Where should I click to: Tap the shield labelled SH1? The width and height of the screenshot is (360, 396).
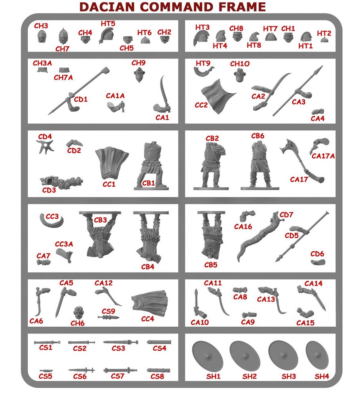coord(207,356)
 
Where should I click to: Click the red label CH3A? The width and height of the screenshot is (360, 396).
coord(42,63)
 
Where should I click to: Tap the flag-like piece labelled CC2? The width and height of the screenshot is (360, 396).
coord(218,96)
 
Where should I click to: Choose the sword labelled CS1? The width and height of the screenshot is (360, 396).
coord(47,343)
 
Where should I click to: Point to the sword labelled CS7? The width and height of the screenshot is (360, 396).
coord(120,371)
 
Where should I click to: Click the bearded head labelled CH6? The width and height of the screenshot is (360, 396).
coord(79,313)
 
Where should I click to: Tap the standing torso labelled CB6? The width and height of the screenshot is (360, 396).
coord(260,165)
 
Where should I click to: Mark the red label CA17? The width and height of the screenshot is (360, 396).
coord(299,179)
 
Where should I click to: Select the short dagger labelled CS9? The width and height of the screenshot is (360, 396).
coord(108,318)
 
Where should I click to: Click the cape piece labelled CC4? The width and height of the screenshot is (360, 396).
coord(150,303)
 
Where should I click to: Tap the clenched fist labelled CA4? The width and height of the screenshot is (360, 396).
coord(318,112)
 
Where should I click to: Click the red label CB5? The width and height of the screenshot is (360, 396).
coord(210,265)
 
